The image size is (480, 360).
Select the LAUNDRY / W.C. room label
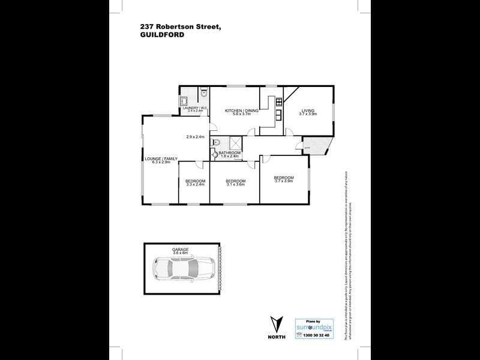(x=194, y=109)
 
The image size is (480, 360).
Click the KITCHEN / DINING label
(x=242, y=111)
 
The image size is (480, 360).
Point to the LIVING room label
(x=308, y=111)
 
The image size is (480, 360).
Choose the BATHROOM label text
(x=230, y=153)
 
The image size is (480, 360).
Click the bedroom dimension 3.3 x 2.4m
(x=195, y=185)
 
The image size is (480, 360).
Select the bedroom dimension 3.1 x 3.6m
(x=236, y=185)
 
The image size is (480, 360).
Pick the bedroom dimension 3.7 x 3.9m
(x=284, y=181)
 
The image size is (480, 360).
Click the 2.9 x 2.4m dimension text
(x=195, y=137)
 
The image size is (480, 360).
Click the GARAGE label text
(x=181, y=249)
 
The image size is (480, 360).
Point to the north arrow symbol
(x=277, y=325)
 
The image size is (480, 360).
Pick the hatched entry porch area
(x=314, y=145)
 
